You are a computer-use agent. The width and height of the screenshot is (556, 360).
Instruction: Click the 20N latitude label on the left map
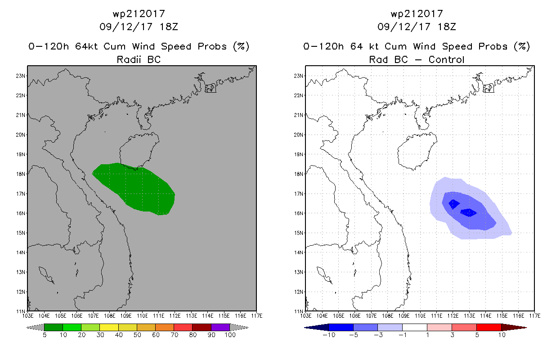pos(20,135)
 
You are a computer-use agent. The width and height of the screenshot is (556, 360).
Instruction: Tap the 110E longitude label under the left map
pos(142,316)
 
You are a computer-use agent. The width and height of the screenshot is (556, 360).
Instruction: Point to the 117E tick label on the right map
pos(535,316)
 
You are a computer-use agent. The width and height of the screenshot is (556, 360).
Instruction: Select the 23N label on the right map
pos(298,76)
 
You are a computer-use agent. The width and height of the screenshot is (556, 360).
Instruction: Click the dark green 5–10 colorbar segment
pos(54,328)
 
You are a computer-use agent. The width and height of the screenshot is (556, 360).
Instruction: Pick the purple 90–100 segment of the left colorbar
pos(220,328)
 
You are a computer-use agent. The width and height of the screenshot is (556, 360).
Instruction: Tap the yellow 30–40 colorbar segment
pos(109,328)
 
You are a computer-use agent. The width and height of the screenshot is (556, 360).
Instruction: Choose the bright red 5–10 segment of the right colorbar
pos(489,328)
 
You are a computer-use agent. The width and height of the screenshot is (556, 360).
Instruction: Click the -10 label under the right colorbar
pos(329,335)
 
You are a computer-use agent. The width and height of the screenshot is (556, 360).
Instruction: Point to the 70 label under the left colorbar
pos(174,335)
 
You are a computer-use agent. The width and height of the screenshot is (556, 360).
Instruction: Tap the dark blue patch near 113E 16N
pos(469,212)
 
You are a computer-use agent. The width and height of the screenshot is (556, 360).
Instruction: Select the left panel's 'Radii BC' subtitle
pos(139,59)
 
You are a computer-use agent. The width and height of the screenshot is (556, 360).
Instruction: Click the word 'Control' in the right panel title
pos(446,59)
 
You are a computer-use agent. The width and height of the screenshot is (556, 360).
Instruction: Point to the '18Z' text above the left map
pos(169,27)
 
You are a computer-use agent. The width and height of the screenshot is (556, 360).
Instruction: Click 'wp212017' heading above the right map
pos(417,13)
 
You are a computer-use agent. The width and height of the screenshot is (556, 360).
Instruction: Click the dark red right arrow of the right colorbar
pos(514,328)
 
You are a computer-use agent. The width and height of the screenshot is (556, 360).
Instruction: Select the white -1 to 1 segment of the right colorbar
pos(415,328)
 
